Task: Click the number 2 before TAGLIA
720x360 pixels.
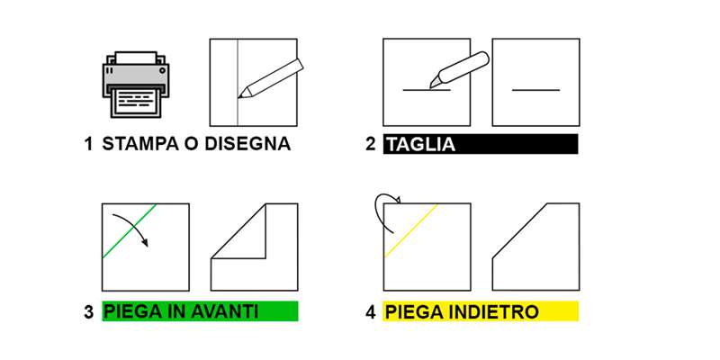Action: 370,144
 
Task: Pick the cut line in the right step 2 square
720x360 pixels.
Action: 535,89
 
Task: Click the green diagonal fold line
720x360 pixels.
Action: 130,231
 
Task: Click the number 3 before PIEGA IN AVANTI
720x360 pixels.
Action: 88,312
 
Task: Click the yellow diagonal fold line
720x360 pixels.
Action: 412,230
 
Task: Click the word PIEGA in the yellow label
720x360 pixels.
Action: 410,312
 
